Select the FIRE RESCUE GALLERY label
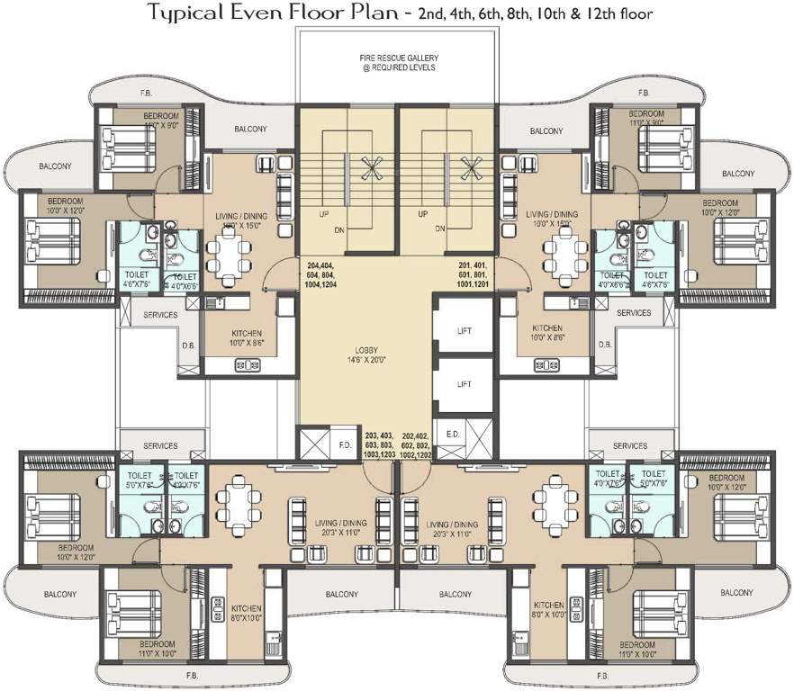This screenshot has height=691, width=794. (x=396, y=64)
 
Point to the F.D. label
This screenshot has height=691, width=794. (x=345, y=444)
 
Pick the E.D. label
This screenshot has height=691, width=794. (x=453, y=432)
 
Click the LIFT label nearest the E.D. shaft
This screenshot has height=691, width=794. (x=465, y=384)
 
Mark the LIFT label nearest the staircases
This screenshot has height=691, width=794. (x=465, y=330)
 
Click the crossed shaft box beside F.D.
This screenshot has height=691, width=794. (x=315, y=444)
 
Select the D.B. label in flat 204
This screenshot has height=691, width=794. (x=189, y=344)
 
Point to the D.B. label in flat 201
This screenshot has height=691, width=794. (x=605, y=344)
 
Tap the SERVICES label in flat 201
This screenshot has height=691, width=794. (x=634, y=313)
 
